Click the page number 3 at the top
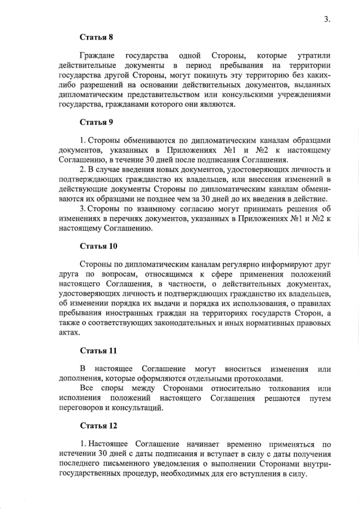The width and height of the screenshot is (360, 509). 326,19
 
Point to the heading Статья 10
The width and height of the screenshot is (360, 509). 98,246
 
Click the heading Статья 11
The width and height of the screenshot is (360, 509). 98,351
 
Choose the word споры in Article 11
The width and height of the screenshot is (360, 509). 112,389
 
